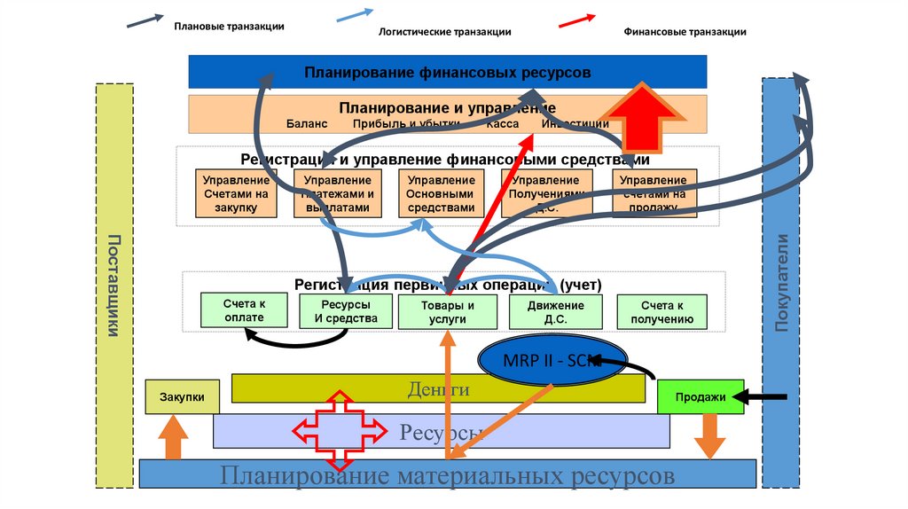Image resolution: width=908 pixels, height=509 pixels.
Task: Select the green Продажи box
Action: click(701, 397)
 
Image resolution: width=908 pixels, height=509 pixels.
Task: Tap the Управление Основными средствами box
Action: click(441, 193)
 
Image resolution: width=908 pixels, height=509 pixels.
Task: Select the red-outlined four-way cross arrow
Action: click(340, 432)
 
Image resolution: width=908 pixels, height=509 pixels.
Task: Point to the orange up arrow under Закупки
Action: click(173, 438)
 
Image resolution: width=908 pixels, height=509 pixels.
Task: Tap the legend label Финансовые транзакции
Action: click(685, 32)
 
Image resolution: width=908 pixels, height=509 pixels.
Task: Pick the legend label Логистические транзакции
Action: click(445, 32)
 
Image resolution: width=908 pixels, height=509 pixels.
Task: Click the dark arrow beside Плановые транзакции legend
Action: click(145, 20)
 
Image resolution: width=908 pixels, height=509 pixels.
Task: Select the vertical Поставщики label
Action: click(113, 286)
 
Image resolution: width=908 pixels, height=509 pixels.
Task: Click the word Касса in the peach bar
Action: click(502, 124)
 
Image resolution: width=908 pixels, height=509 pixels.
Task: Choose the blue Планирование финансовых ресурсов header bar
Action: click(447, 72)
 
